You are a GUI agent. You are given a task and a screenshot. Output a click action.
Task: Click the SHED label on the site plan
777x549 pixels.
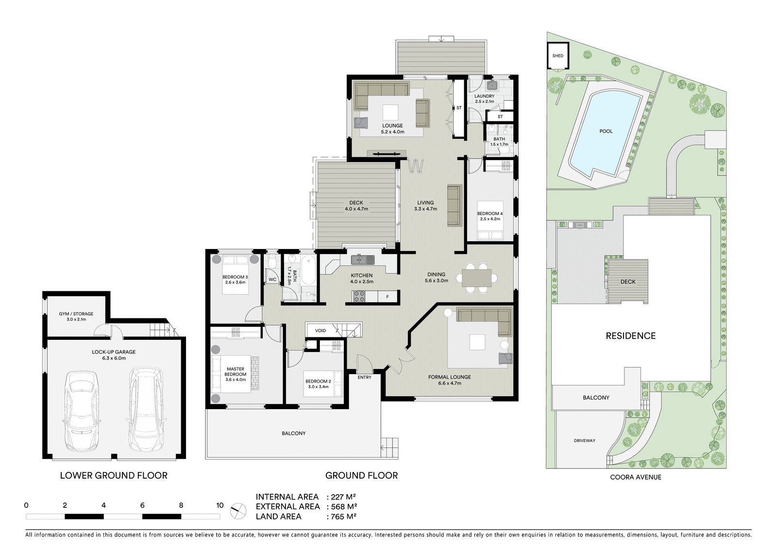pyautogui.click(x=558, y=55)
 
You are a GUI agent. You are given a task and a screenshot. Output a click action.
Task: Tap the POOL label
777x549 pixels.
pyautogui.click(x=606, y=131)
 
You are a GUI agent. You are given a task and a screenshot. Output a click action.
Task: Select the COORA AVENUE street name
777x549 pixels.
pyautogui.click(x=636, y=477)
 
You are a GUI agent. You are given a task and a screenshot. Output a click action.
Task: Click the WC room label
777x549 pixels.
pyautogui.click(x=272, y=280)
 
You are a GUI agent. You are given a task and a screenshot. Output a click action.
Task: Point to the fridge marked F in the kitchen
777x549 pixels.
pyautogui.click(x=387, y=297)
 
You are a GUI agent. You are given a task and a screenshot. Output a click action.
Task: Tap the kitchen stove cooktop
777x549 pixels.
pyautogui.click(x=359, y=296)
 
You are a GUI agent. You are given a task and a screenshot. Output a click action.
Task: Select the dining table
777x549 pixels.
pyautogui.click(x=476, y=278)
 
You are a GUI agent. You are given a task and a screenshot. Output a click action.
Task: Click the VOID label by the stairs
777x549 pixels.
pyautogui.click(x=320, y=331)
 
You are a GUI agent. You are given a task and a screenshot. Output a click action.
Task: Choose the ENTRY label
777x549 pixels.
pyautogui.click(x=364, y=377)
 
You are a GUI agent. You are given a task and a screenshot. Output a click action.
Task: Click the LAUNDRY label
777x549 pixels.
pyautogui.click(x=484, y=96)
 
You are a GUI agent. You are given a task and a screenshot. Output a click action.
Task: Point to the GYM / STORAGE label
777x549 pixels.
pyautogui.click(x=76, y=314)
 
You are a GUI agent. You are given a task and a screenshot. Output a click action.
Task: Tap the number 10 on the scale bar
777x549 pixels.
pyautogui.click(x=220, y=505)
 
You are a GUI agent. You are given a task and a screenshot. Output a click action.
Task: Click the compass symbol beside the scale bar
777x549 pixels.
pyautogui.click(x=238, y=511)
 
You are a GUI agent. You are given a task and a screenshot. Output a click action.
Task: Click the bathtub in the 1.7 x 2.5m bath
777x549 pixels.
pyautogui.click(x=308, y=270)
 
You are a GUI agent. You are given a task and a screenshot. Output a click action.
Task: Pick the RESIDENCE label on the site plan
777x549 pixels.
pyautogui.click(x=631, y=336)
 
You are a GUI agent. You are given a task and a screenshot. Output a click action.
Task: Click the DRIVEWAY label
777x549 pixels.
pyautogui.click(x=585, y=440)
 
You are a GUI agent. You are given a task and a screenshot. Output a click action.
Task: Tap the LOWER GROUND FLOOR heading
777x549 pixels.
pyautogui.click(x=114, y=476)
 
